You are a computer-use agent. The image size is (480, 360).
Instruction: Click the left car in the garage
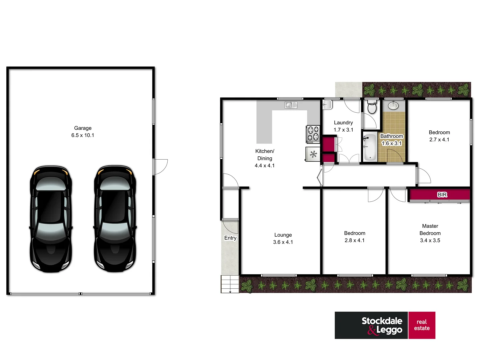coord(51,219)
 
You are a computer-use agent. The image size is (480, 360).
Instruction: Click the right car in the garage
coord(115,219)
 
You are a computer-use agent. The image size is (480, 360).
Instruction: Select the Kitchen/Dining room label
coord(265,158)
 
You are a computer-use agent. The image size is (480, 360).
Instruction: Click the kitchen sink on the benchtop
coord(291,105)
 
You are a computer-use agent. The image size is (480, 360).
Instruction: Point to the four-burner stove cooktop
coord(313,134)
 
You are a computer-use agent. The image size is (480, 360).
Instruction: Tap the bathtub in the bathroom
coord(370,147)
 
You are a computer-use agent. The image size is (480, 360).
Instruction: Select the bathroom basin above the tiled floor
coord(393,106)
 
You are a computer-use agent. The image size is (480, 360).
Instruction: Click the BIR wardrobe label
coord(442,195)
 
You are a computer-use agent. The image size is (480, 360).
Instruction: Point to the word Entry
coord(230,238)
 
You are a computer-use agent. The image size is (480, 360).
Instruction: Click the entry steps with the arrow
coord(230,284)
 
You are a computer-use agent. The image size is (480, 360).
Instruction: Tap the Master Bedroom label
coord(430,233)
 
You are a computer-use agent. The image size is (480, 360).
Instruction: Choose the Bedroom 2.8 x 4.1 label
coord(355,237)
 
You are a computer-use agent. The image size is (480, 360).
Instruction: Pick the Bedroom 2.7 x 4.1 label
coord(439,136)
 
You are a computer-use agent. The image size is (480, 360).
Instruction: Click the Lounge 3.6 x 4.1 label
coord(283,238)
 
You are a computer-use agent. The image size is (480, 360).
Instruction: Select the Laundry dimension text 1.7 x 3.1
coord(343,130)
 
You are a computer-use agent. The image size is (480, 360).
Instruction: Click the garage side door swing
coord(160,167)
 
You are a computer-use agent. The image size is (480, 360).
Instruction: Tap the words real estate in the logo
coord(422,325)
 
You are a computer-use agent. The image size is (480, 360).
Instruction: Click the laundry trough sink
coord(327,105)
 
